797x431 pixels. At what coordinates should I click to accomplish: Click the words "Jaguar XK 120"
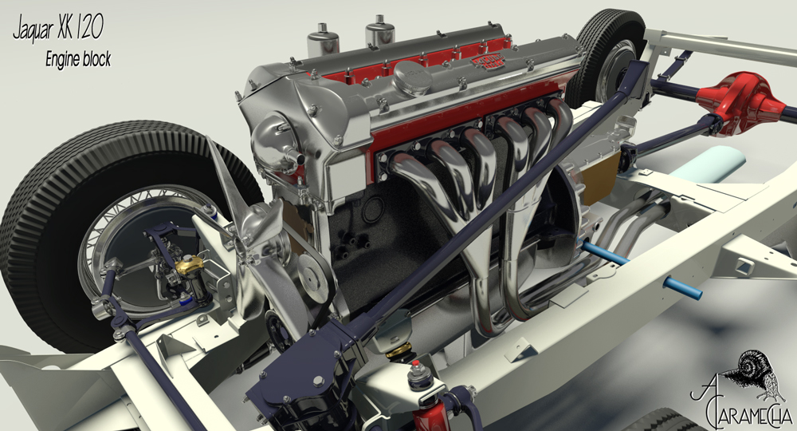pos(57,30)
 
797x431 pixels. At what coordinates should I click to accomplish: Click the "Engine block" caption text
pos(78,60)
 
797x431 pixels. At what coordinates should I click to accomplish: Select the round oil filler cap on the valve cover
pos(413,78)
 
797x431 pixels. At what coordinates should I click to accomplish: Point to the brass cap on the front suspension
pos(190,265)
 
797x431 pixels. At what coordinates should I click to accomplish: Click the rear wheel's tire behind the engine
pos(606,56)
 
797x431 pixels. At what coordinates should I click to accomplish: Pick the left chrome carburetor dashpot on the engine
pos(323,41)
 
